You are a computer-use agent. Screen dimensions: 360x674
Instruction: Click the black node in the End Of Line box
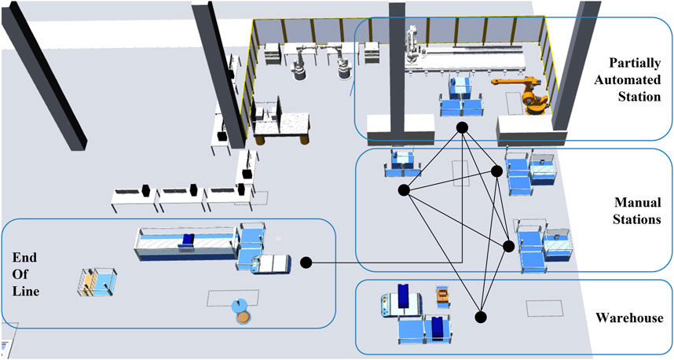[306, 262]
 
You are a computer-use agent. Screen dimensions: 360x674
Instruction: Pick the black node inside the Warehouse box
[480, 318]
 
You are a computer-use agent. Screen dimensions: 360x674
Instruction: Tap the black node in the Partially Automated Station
[463, 127]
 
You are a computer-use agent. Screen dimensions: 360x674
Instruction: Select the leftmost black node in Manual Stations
[404, 189]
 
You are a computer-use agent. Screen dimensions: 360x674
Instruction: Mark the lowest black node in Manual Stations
[508, 246]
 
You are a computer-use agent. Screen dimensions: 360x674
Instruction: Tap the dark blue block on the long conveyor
[187, 240]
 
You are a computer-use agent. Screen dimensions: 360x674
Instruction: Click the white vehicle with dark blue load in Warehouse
[396, 303]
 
